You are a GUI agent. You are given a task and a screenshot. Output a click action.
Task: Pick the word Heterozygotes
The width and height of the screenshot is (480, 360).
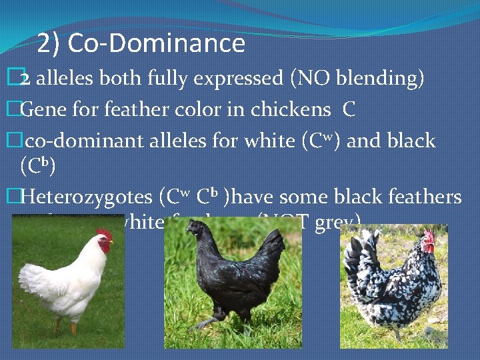(87, 197)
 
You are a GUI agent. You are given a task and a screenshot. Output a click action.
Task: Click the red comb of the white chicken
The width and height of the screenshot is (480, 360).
(104, 234)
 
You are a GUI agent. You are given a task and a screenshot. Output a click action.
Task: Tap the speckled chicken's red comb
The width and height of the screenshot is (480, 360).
(429, 237)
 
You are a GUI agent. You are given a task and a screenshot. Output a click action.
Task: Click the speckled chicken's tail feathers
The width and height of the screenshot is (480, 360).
(357, 260)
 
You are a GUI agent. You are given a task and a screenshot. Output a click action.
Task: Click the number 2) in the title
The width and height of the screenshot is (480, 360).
(49, 44)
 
